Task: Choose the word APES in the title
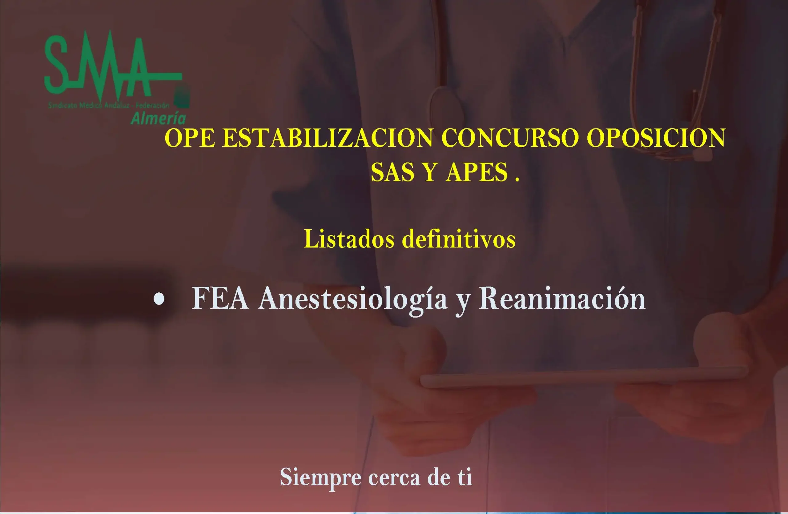point(476,172)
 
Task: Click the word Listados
point(349,239)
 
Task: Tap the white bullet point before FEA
point(159,299)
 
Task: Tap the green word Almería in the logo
point(158,118)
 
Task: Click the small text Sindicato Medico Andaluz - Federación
point(109,106)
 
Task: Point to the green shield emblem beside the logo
point(183,97)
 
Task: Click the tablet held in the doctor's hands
point(583,377)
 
